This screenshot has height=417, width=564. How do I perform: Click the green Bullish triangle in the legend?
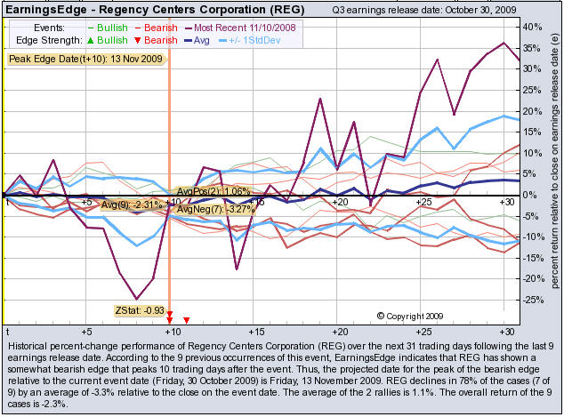tap(89, 41)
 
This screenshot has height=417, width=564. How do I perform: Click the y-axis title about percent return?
tap(553, 169)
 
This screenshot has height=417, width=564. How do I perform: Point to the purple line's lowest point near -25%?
tap(136, 299)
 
